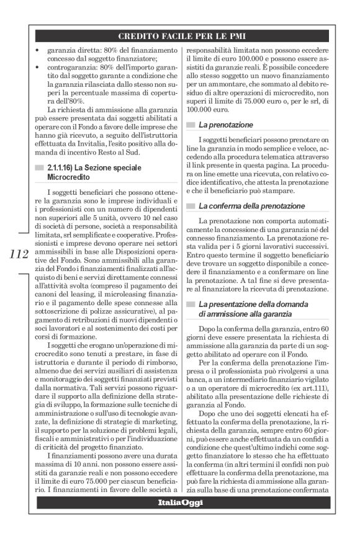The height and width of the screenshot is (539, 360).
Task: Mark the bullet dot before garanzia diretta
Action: click(38, 49)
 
